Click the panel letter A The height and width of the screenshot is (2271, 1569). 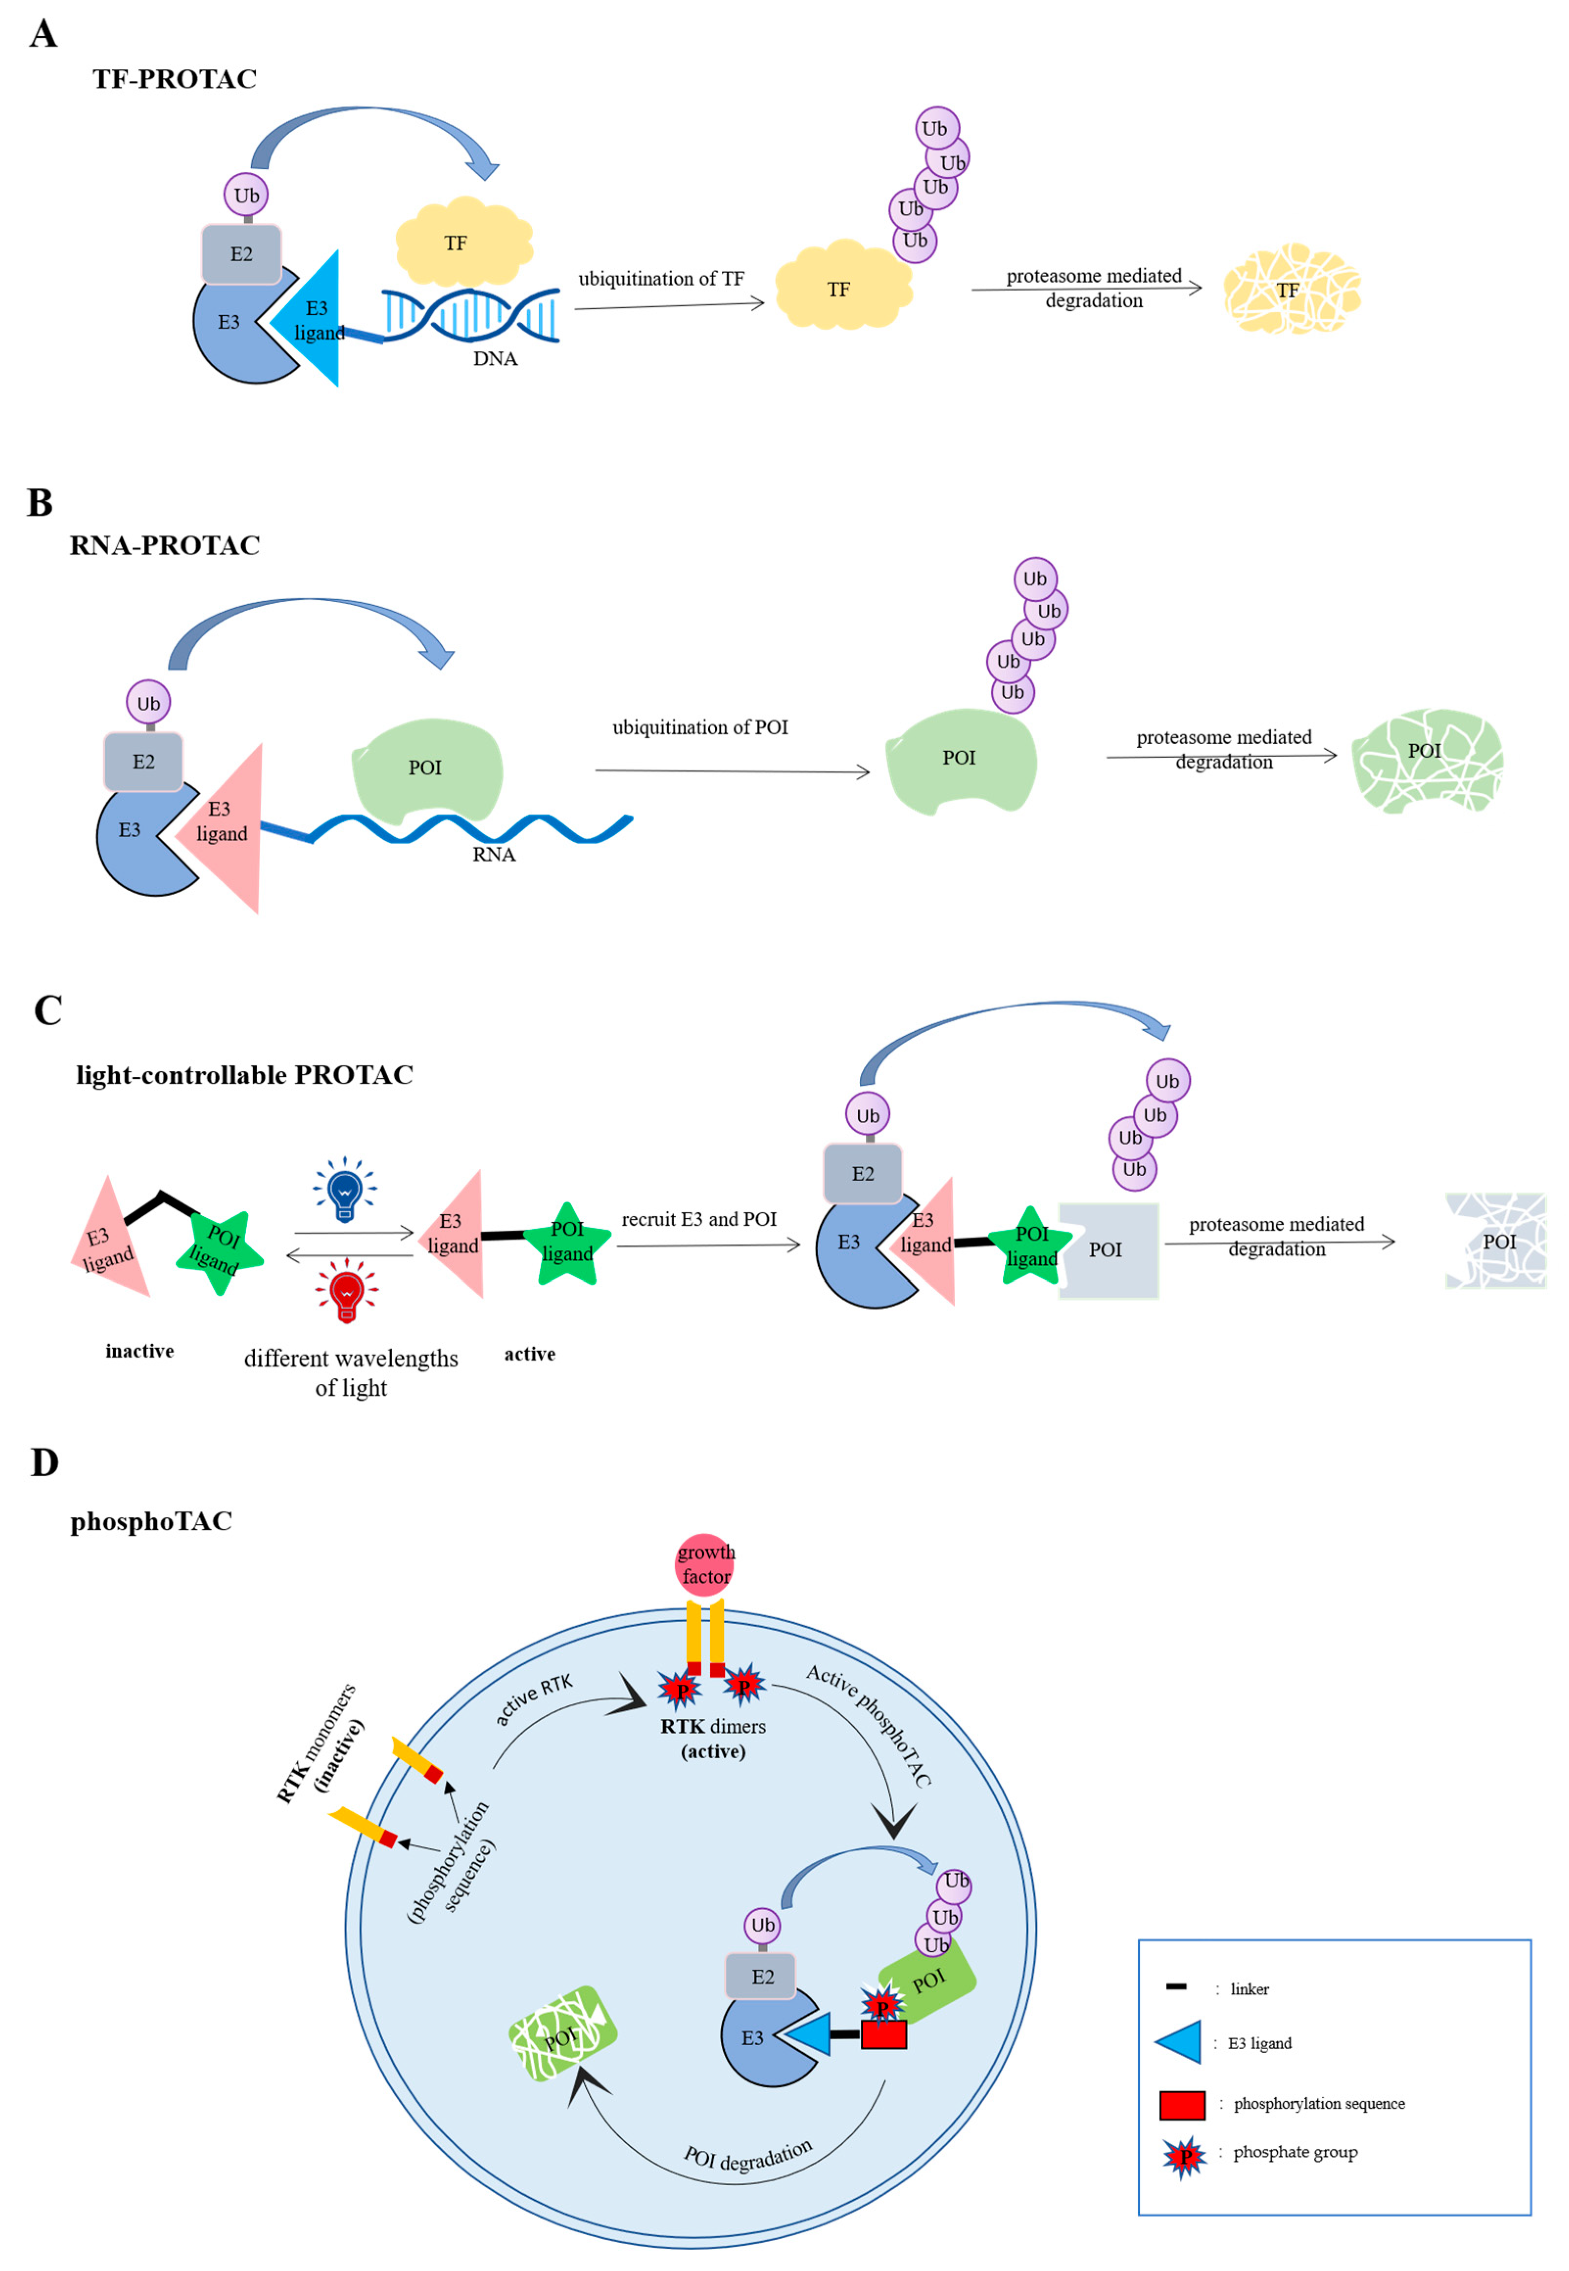tap(43, 34)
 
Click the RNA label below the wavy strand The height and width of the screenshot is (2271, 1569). tap(493, 855)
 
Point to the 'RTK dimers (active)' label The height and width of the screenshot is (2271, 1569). tap(713, 1739)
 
